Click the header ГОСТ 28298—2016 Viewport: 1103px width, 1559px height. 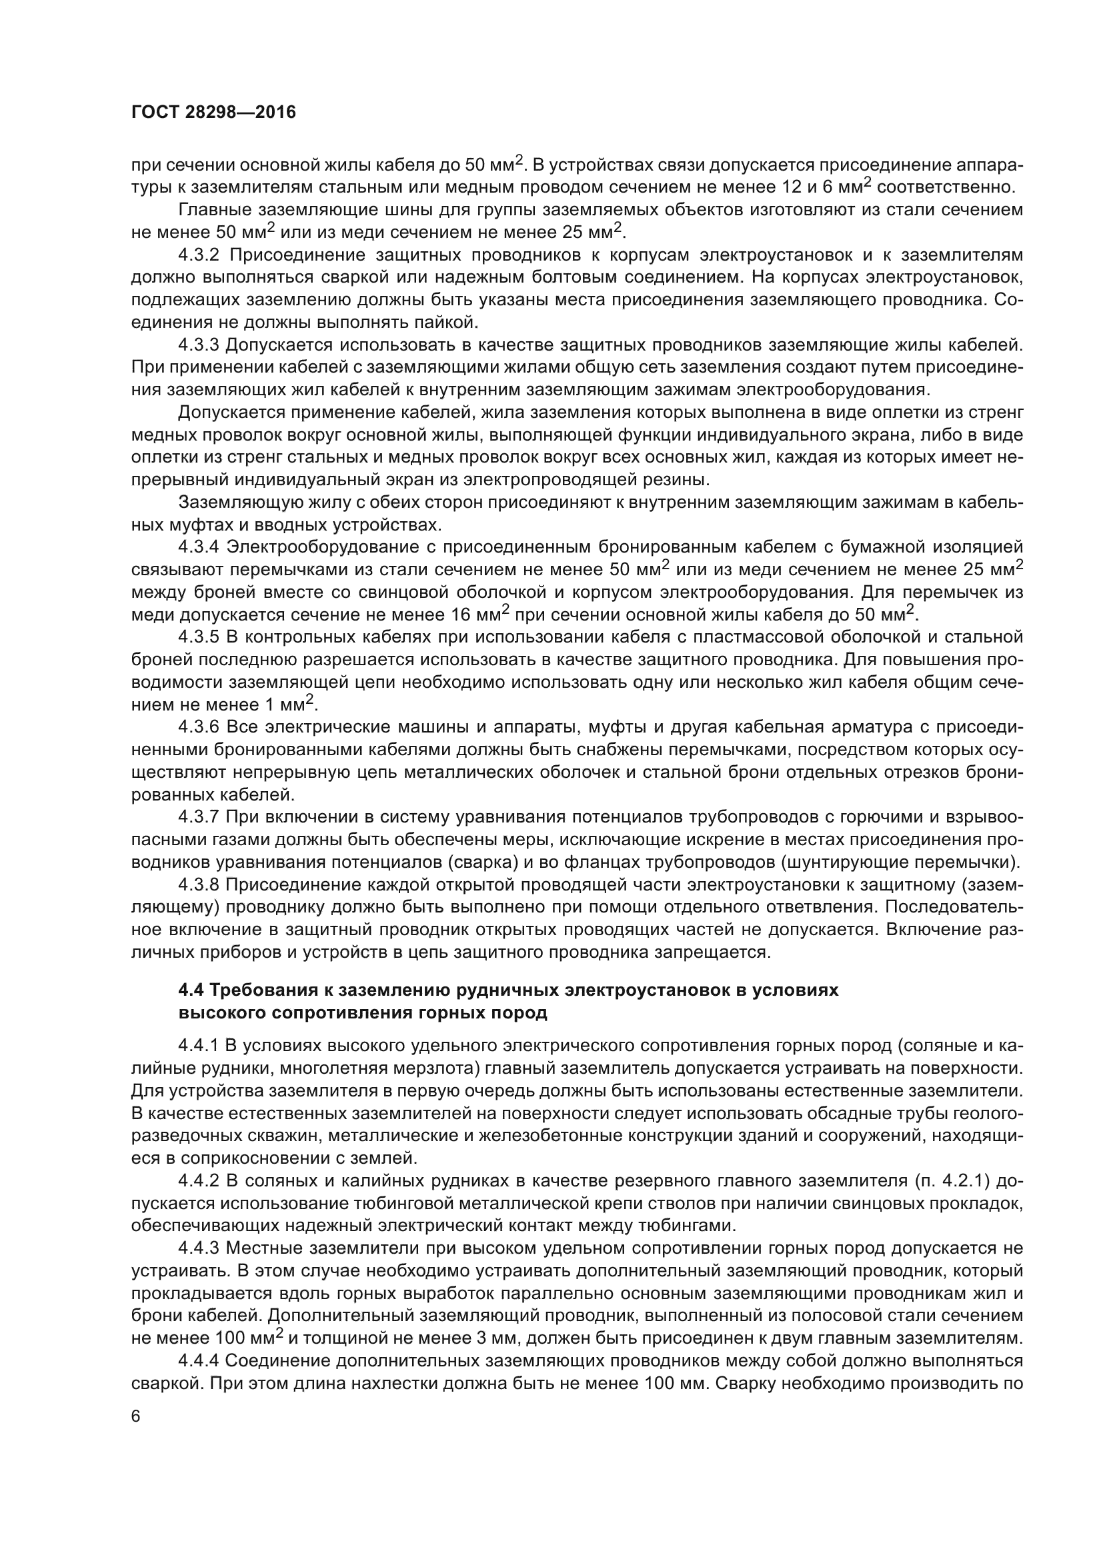(x=213, y=113)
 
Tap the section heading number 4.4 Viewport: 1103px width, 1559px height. (x=191, y=990)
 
